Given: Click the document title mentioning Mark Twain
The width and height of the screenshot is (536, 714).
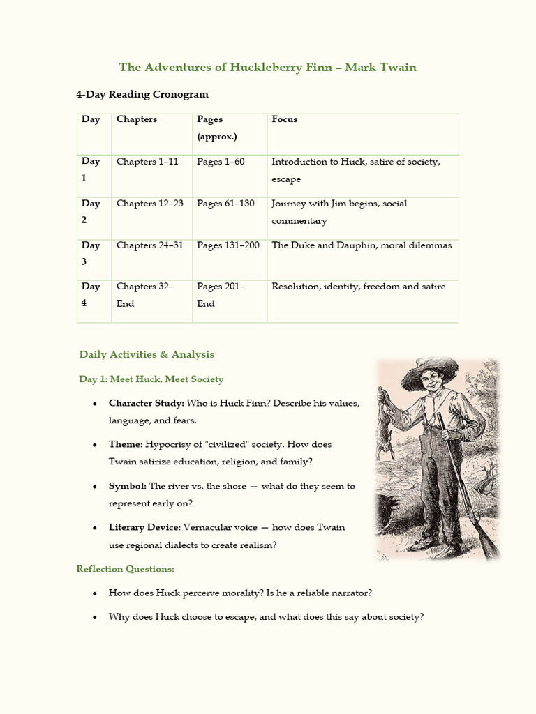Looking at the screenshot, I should (267, 68).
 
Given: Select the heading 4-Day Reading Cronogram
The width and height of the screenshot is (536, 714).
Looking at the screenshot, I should (142, 94).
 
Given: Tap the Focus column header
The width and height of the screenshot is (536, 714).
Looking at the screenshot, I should (285, 119).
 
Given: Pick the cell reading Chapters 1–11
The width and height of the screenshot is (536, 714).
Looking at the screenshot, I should (147, 162).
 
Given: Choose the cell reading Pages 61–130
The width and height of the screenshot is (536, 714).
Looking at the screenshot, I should (225, 204).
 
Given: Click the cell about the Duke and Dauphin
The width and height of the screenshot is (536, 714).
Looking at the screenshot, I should (362, 245).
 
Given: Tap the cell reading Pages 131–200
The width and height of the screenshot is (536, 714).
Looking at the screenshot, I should (228, 245).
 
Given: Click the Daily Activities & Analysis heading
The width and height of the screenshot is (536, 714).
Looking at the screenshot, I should (147, 354).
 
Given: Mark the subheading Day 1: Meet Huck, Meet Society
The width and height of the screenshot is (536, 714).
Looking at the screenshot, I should (151, 379).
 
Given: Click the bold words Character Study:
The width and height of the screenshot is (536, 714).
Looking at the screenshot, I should (147, 403).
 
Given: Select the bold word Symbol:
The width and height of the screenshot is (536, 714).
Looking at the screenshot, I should (127, 486).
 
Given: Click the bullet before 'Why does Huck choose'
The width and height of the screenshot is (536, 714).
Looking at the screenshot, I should (94, 618).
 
